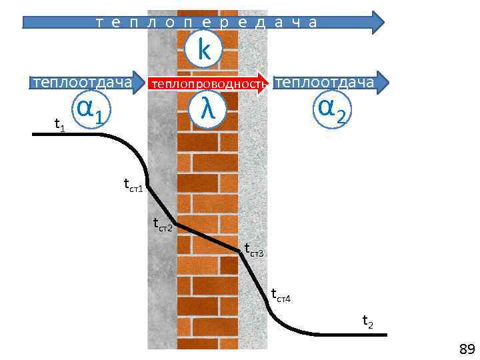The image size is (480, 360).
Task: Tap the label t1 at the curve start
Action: [59, 124]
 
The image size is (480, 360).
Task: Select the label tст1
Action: [133, 185]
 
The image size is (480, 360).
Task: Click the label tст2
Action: [163, 225]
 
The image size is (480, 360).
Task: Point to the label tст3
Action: [254, 251]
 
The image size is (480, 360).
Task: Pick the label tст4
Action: [281, 295]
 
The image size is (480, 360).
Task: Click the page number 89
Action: [466, 349]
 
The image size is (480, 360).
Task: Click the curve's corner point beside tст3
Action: [239, 251]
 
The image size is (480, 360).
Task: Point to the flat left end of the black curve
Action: [35, 135]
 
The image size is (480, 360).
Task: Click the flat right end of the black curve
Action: [383, 334]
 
